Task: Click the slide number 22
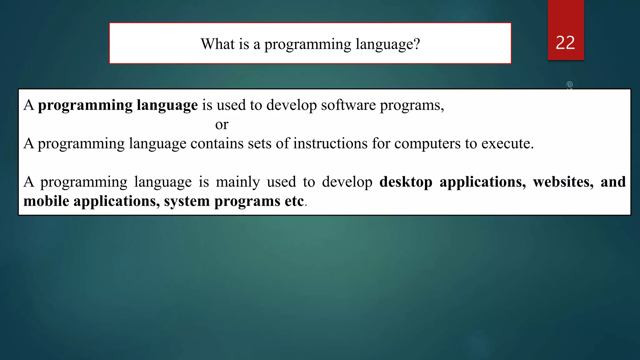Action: pos(565,43)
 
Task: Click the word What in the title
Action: pos(217,44)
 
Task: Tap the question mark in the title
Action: pos(417,44)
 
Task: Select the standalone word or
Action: pos(222,124)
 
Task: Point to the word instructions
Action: pos(330,143)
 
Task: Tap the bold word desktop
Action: pos(406,182)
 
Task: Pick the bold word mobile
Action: pos(46,201)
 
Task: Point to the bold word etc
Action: pos(294,201)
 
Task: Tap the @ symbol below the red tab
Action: pos(569,85)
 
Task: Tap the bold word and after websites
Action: pos(613,182)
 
